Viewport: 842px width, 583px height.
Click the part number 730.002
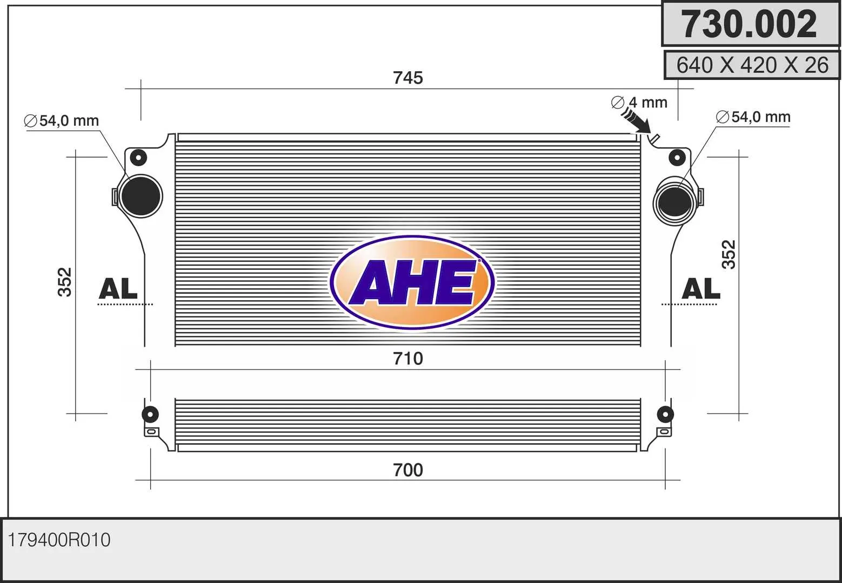749,24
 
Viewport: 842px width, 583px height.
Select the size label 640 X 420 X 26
752,65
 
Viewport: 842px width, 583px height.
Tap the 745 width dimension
408,78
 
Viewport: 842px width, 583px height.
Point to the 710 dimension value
408,358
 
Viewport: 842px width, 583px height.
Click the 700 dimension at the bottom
408,470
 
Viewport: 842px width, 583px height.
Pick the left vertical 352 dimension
65,282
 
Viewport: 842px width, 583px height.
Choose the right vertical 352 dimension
729,255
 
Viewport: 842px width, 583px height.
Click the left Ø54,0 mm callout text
61,120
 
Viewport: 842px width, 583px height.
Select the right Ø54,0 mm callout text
753,117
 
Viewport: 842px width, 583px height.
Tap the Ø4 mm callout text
639,102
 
